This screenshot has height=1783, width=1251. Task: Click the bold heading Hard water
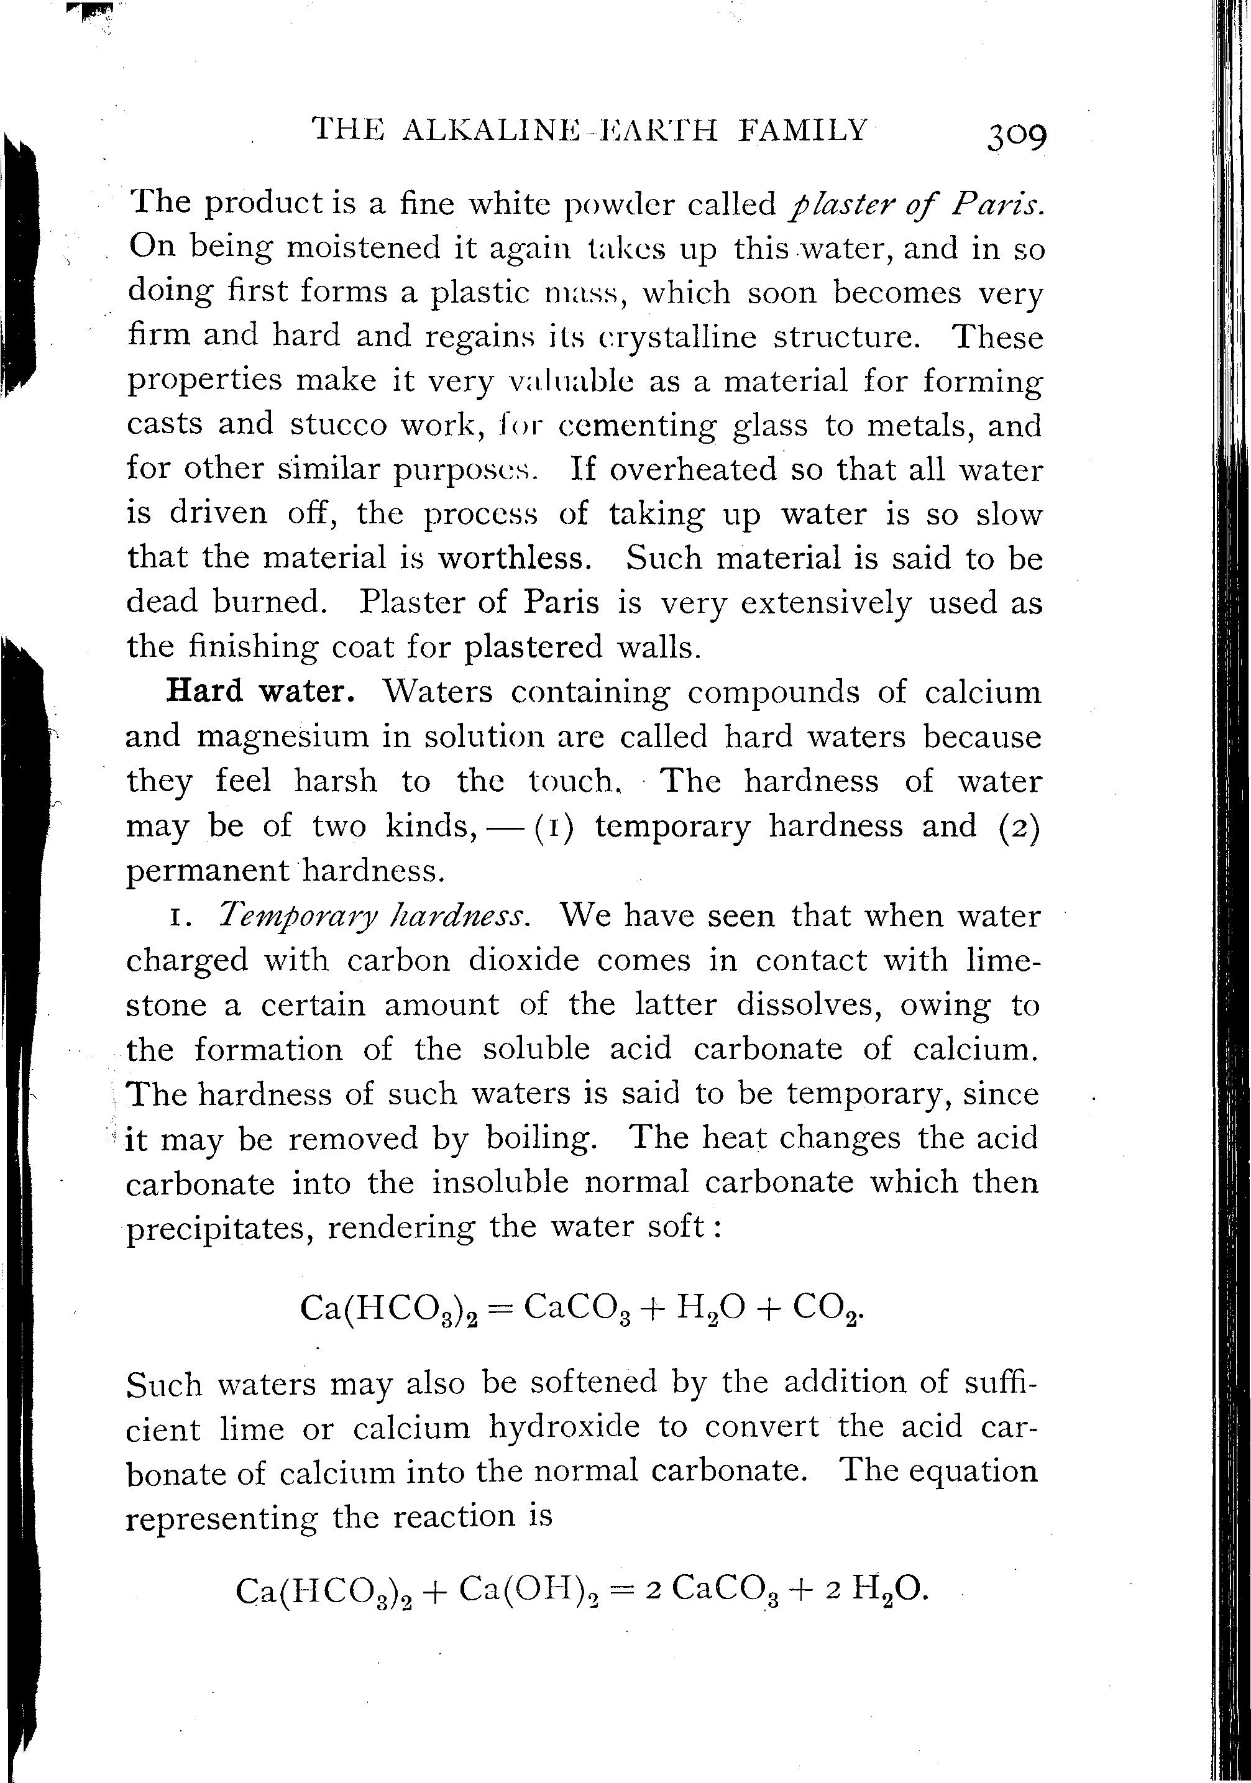click(x=261, y=690)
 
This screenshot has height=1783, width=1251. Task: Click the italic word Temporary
click(x=293, y=916)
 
